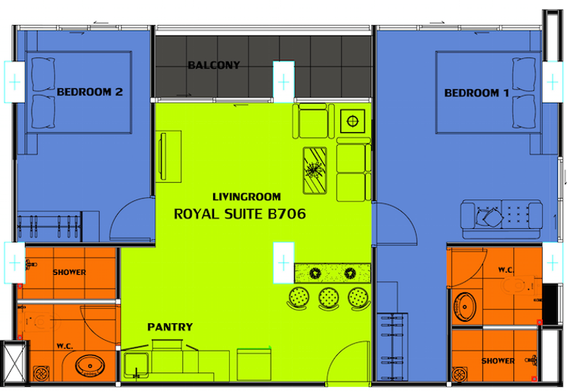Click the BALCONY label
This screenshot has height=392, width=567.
pos(214,65)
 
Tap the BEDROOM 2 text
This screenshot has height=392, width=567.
pos(90,92)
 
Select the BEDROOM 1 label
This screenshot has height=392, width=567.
pos(476,93)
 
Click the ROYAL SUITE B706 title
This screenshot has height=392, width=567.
pos(240,214)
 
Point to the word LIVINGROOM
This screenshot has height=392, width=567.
pos(246,197)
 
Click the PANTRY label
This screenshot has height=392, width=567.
pos(170,327)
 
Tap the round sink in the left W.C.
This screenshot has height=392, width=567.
pos(90,366)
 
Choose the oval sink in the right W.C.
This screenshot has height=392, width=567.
pos(465,307)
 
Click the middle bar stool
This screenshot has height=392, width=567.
pos(329,298)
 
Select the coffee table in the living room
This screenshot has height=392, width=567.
pos(314,170)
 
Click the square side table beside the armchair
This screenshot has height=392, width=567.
pos(352,121)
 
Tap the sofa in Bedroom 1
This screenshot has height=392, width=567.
pos(501,219)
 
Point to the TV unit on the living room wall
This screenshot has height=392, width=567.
pos(169,156)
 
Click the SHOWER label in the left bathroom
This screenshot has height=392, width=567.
pos(70,273)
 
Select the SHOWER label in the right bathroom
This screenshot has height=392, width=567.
pos(498,360)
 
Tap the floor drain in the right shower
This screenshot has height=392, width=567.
pos(460,375)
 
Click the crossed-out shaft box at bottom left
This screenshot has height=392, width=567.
pos(14,361)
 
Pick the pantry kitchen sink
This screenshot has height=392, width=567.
pos(136,366)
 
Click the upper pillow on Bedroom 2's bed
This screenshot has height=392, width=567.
pos(43,74)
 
